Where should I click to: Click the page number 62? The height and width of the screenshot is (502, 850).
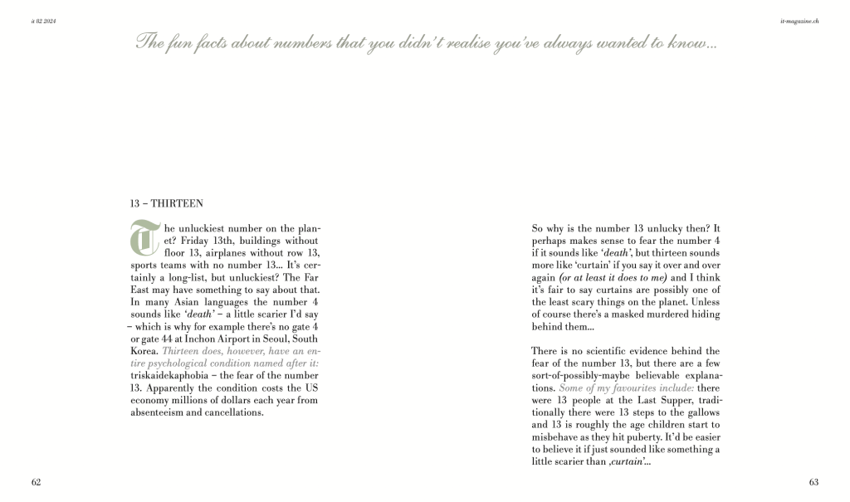point(37,482)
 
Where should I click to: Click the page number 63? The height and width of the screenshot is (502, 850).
point(813,482)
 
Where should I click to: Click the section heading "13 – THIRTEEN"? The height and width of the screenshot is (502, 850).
point(167,202)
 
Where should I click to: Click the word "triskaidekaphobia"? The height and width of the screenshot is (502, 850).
point(173,375)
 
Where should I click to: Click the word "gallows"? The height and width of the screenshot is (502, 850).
point(701,412)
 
